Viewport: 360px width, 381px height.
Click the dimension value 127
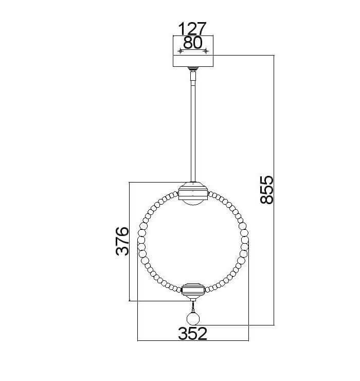pyautogui.click(x=192, y=29)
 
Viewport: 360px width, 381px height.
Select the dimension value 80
pyautogui.click(x=193, y=43)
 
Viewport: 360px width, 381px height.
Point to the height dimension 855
pyautogui.click(x=267, y=190)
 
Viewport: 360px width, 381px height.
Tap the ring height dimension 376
pyautogui.click(x=122, y=241)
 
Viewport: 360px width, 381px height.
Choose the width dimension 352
pyautogui.click(x=193, y=334)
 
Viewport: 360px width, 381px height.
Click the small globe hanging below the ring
pyautogui.click(x=193, y=319)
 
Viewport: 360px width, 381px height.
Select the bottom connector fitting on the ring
pyautogui.click(x=193, y=290)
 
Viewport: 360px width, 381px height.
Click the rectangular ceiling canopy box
pyautogui.click(x=193, y=51)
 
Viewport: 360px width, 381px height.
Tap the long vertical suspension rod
pyautogui.click(x=193, y=133)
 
